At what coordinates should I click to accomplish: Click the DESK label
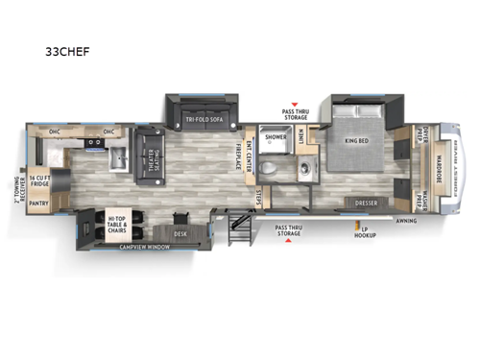click(180, 232)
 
